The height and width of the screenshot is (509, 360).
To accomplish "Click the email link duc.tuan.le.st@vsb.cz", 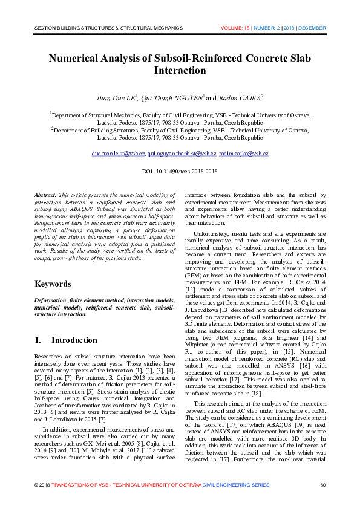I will click(118, 154).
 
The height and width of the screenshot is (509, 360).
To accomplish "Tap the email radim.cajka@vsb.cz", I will click(244, 154).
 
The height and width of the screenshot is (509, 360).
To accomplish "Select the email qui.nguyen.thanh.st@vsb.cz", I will click(182, 154).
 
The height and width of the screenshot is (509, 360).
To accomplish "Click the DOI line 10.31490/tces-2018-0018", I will click(180, 172).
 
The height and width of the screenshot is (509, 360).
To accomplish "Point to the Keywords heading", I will click(53, 284).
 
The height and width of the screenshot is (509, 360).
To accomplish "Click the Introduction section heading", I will click(74, 340).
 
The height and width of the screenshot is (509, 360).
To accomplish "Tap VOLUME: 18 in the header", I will click(238, 28).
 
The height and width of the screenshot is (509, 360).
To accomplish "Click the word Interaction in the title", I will click(180, 70).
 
